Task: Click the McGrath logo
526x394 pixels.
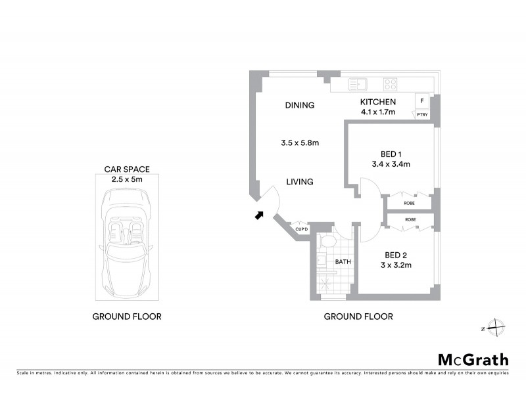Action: click(473, 359)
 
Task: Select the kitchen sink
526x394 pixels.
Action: click(358, 84)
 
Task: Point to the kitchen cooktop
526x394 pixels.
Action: click(391, 84)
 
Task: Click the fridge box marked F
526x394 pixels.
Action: click(421, 101)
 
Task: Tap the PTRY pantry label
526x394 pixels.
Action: click(421, 115)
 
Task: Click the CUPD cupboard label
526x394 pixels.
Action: click(302, 229)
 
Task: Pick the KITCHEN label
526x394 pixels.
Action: click(377, 102)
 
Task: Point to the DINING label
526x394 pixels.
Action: click(299, 105)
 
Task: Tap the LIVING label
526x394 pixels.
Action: click(299, 182)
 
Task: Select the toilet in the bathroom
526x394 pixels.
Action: click(327, 244)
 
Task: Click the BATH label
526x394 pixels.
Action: click(343, 261)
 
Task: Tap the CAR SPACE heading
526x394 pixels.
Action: click(127, 169)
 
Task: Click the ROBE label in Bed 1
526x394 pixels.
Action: click(410, 204)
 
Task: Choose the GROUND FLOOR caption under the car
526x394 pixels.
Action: click(127, 317)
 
